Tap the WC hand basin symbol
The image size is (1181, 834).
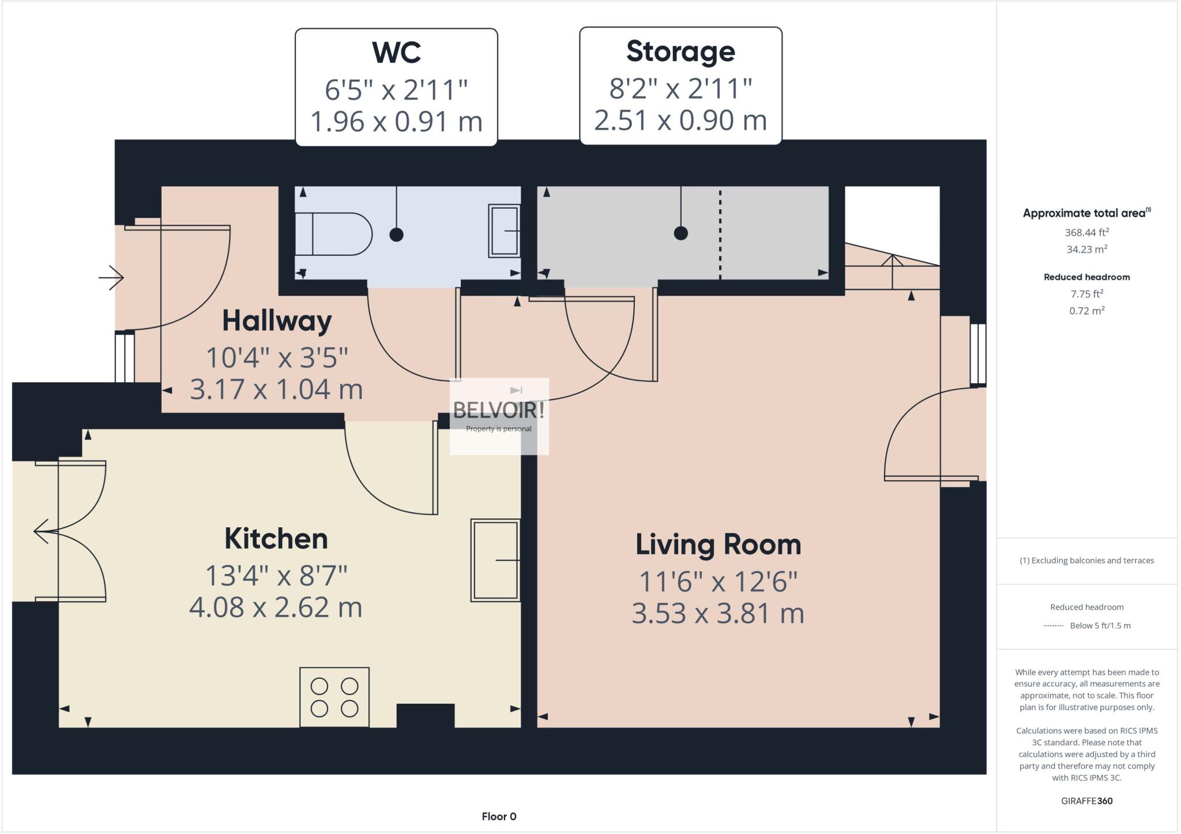504,231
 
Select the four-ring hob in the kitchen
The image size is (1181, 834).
334,696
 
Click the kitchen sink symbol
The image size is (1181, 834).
495,560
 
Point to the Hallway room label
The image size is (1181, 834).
277,320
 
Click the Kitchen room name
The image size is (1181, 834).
276,538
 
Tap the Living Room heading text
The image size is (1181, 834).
718,544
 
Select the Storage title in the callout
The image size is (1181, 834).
680,51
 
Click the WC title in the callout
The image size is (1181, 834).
396,52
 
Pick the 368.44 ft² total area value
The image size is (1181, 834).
1086,232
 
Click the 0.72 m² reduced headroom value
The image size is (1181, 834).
1086,311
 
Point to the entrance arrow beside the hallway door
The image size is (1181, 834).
111,278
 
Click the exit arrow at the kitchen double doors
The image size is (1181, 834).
41,531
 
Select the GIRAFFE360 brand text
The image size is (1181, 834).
1086,801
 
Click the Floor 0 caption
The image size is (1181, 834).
499,816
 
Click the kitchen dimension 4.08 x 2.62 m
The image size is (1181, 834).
276,607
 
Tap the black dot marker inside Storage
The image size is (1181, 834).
680,233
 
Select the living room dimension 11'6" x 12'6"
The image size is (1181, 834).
718,582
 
